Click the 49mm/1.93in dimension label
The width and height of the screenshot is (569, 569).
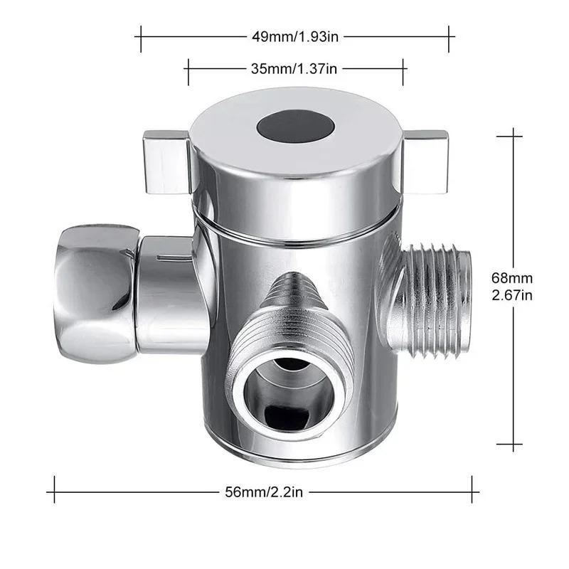pyautogui.click(x=294, y=36)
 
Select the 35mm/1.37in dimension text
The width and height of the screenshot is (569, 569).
pyautogui.click(x=294, y=69)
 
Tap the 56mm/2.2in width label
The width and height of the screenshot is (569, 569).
pyautogui.click(x=263, y=490)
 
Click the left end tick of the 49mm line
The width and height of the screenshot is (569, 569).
pyautogui.click(x=141, y=38)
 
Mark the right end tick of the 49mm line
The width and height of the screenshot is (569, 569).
pyautogui.click(x=449, y=38)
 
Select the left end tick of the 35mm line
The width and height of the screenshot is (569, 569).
pyautogui.click(x=188, y=71)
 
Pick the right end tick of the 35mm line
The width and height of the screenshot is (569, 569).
pyautogui.click(x=404, y=71)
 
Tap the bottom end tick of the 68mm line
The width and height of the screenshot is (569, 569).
pyautogui.click(x=510, y=445)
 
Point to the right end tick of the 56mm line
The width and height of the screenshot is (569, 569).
pyautogui.click(x=472, y=490)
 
